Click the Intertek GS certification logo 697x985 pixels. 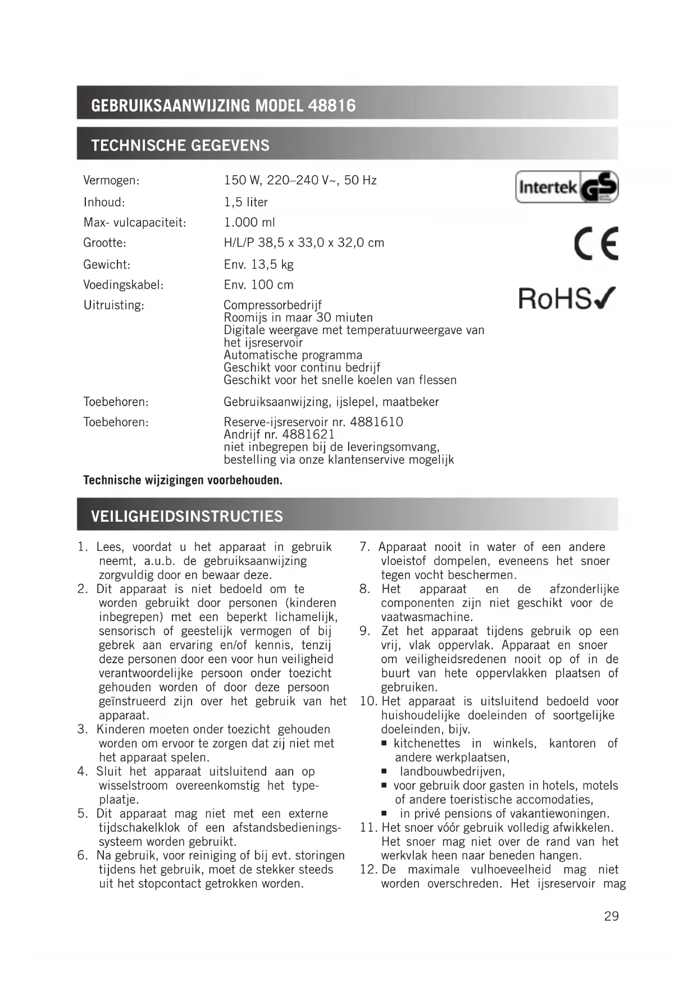tap(566, 187)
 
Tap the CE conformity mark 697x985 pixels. tap(595, 244)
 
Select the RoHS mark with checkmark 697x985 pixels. tap(566, 298)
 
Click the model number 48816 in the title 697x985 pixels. tap(331, 106)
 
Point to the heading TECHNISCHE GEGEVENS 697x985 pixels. tap(180, 145)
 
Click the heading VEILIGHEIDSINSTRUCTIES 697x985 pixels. tap(187, 516)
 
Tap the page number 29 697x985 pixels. tap(611, 916)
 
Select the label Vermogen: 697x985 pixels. tap(111, 181)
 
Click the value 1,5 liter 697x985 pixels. tap(245, 202)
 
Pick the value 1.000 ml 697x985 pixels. tap(249, 222)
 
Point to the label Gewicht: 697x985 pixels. tap(107, 265)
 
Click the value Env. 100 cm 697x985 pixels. tap(258, 285)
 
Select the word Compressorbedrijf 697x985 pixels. tap(272, 305)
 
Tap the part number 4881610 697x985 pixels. tap(376, 422)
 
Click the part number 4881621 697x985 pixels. tap(308, 434)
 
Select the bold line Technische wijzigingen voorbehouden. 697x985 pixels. tap(183, 480)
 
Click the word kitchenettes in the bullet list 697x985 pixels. tap(427, 744)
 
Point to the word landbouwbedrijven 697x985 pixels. tap(452, 772)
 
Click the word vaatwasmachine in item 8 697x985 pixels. tap(426, 617)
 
